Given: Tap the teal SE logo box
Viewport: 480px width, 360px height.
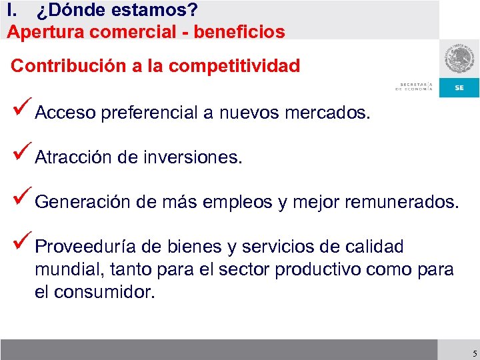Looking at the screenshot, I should click(x=459, y=87).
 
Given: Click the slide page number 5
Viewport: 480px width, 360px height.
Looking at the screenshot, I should click(x=473, y=353).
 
